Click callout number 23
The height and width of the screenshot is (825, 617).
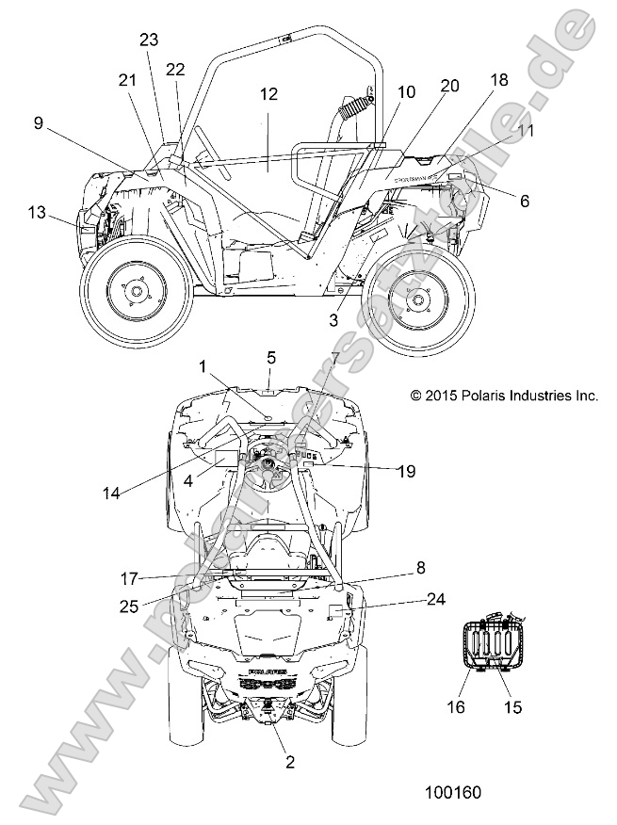point(149,40)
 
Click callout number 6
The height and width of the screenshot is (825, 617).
point(525,200)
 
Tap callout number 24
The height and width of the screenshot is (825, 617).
point(435,598)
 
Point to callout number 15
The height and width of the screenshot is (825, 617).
point(512,706)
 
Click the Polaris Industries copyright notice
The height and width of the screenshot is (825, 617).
point(504,396)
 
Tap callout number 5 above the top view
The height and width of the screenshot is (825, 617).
point(271,357)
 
